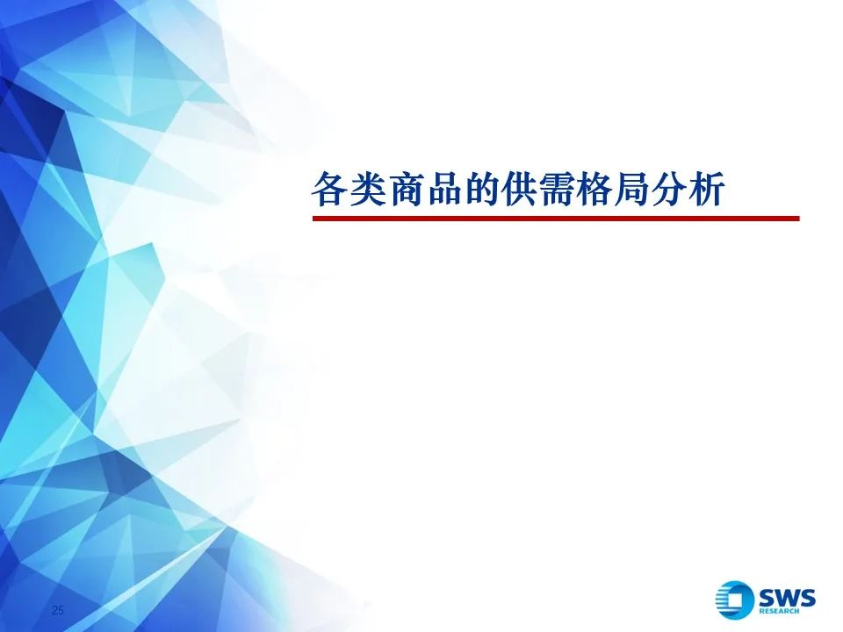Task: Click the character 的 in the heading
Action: (x=481, y=190)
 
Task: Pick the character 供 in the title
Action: (x=519, y=190)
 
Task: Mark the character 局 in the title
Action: (x=631, y=190)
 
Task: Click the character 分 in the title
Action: (x=669, y=190)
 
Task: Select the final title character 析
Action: (x=707, y=190)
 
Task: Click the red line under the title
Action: (x=556, y=219)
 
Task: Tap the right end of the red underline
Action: (x=799, y=219)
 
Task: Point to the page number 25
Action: (x=58, y=609)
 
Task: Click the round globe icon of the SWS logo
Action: (x=734, y=600)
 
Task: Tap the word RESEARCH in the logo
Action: (x=779, y=611)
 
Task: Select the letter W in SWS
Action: (x=787, y=598)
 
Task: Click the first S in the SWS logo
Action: (x=766, y=598)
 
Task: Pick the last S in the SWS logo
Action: (x=808, y=598)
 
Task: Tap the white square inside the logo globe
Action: (x=737, y=600)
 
